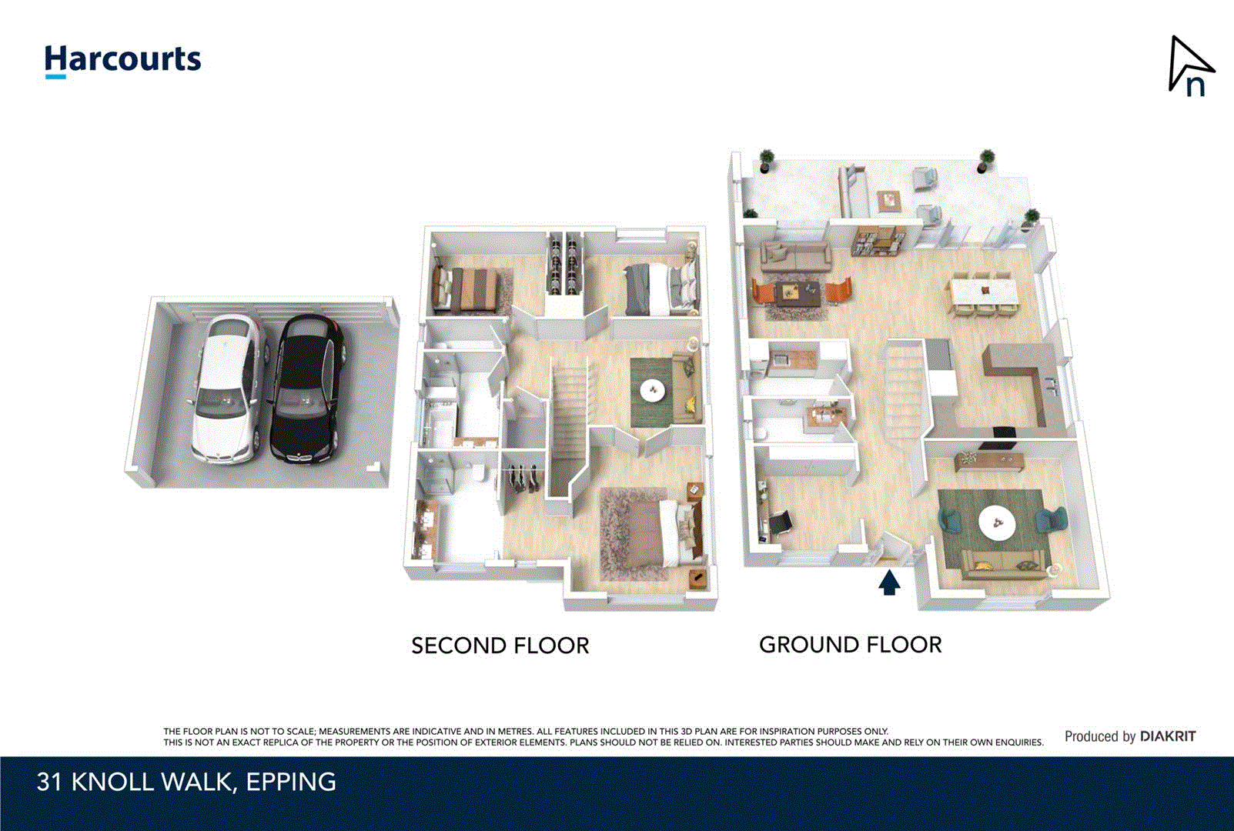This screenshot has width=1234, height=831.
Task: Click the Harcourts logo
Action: click(122, 60)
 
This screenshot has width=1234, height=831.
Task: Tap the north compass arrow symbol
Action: click(1189, 67)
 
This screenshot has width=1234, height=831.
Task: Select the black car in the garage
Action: click(306, 391)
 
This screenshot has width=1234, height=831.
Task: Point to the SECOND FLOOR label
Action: click(500, 646)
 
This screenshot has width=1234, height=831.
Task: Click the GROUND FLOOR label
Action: click(850, 645)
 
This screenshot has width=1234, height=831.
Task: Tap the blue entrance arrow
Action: click(889, 582)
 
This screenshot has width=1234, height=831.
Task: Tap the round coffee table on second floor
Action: click(654, 391)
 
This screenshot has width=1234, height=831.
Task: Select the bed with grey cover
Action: click(658, 289)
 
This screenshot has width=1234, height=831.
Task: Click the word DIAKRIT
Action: click(1168, 736)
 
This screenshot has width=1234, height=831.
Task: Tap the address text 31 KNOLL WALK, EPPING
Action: click(186, 782)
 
